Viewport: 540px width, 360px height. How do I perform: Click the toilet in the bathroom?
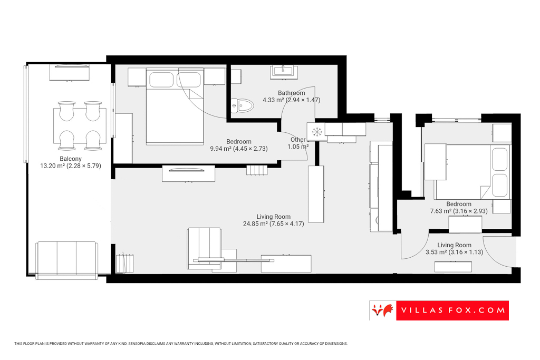click(243, 106)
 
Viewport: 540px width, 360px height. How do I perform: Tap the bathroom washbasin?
click(284, 72)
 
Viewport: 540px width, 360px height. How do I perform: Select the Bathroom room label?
click(292, 93)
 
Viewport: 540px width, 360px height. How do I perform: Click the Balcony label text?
click(70, 159)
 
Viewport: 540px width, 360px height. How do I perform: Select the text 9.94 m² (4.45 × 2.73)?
click(239, 149)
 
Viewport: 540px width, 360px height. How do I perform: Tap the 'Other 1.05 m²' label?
click(298, 143)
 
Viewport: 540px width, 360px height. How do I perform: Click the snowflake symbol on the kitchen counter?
click(317, 132)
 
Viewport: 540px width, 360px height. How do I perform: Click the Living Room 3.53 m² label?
click(454, 248)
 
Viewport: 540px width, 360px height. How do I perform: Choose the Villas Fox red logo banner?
click(439, 310)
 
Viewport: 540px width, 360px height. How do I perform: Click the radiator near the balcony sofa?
click(127, 262)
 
